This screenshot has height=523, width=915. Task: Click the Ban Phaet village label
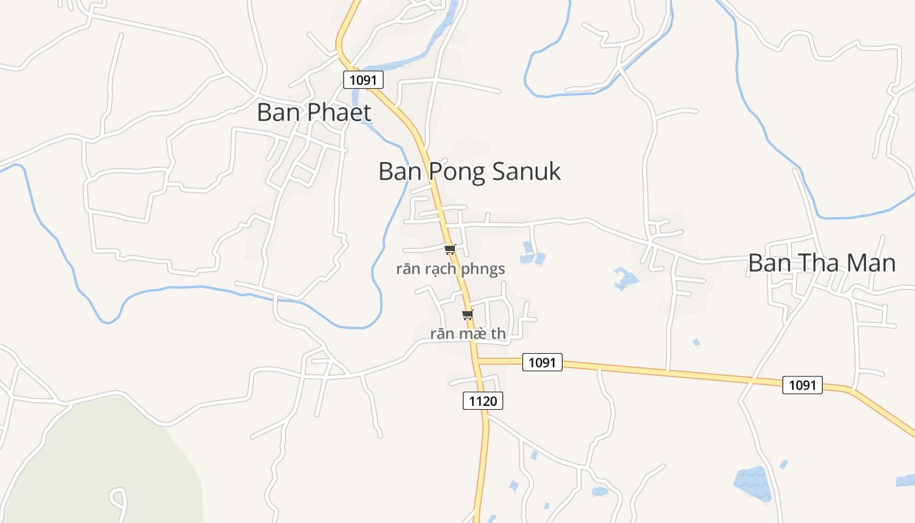click(x=314, y=112)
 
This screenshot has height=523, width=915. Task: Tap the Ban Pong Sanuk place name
click(x=469, y=171)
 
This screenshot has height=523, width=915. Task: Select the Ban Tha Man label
click(x=822, y=263)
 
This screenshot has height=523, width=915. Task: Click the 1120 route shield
click(x=483, y=401)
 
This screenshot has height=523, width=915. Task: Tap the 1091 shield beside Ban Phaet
click(x=363, y=80)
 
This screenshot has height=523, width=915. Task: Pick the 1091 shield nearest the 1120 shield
click(x=542, y=362)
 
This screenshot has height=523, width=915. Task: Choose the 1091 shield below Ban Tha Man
click(x=803, y=385)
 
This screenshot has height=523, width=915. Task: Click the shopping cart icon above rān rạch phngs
click(x=450, y=249)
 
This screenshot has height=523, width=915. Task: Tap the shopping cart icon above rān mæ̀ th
click(x=467, y=315)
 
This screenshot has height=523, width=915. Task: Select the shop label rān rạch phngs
click(x=450, y=269)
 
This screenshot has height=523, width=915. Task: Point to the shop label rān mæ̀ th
click(x=468, y=333)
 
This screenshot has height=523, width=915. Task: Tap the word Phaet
click(x=339, y=112)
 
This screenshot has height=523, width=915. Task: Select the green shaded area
click(x=98, y=464)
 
